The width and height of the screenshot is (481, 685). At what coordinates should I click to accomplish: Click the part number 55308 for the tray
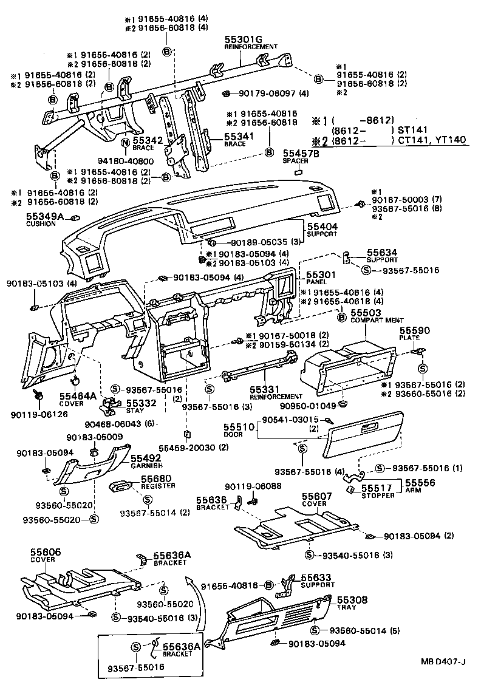click(x=352, y=599)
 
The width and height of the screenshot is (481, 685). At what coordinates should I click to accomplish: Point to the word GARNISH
click(x=147, y=466)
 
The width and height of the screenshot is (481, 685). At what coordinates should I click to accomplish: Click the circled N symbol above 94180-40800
click(x=125, y=143)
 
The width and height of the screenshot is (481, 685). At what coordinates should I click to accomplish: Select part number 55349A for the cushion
click(x=43, y=216)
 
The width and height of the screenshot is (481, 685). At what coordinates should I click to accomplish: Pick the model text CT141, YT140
click(x=432, y=140)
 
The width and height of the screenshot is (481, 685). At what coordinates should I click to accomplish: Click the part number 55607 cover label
click(x=315, y=496)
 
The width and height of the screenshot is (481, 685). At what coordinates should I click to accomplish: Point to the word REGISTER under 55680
click(x=158, y=486)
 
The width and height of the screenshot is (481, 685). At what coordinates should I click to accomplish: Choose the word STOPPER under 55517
click(x=378, y=496)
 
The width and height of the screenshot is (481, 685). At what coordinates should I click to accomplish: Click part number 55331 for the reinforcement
click(x=264, y=389)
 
